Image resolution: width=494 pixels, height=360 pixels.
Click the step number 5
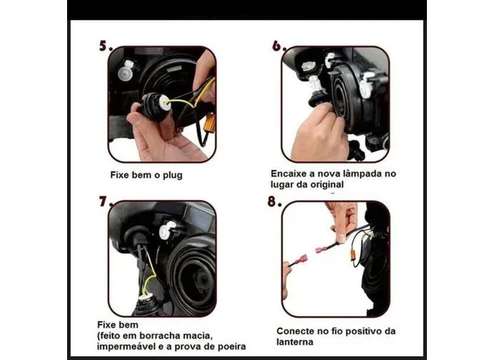click(104, 46)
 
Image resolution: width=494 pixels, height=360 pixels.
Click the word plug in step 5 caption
click(171, 175)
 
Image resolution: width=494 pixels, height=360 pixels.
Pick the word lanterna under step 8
click(295, 342)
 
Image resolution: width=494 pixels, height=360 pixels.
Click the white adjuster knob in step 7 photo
click(166, 231)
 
